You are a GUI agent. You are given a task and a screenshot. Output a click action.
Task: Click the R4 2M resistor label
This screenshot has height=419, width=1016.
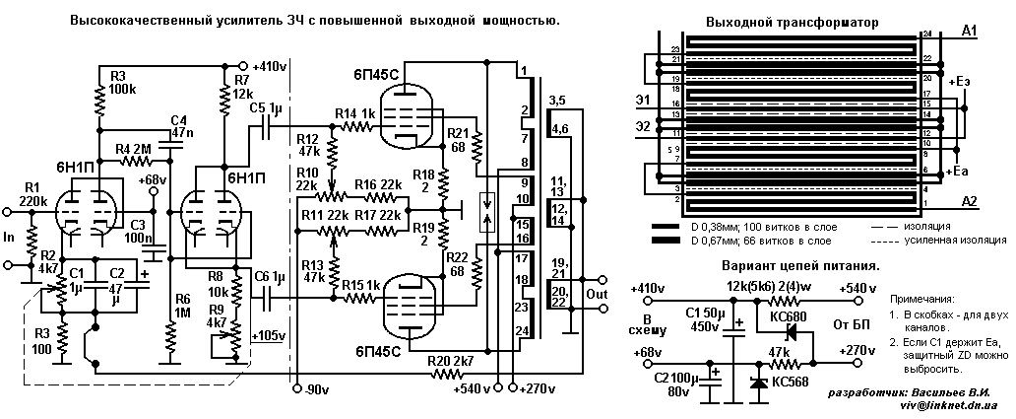click(134, 149)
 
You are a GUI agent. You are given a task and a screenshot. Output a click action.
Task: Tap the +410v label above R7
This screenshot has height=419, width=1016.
click(269, 66)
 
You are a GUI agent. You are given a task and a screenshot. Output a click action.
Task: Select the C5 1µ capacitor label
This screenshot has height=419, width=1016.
click(266, 106)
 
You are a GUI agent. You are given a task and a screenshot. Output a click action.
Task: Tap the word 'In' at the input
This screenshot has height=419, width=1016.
click(10, 237)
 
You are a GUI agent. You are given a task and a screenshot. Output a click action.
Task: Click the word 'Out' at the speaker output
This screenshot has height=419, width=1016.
click(596, 294)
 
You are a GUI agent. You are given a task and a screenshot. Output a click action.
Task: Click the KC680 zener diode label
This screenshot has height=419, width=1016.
click(776, 315)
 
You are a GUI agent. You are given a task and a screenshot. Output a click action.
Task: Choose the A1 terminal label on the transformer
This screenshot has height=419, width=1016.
click(968, 33)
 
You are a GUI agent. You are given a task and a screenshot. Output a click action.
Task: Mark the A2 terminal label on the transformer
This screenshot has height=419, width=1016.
click(968, 202)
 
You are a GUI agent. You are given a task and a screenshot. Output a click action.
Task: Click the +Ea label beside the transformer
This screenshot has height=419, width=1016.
click(964, 173)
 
